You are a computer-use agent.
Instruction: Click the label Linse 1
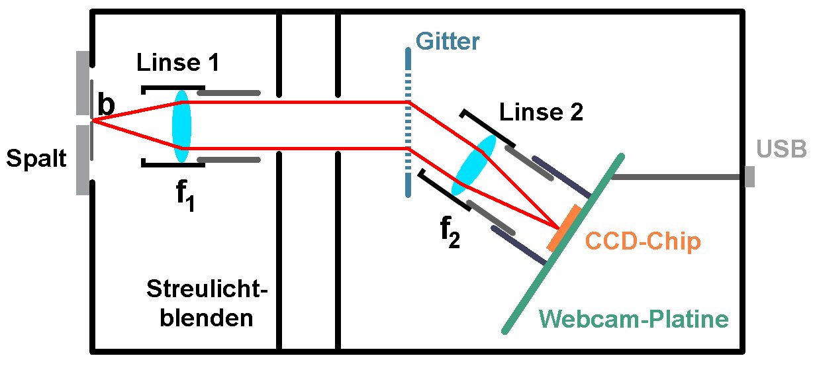point(178,63)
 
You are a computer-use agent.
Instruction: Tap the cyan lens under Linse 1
point(181,126)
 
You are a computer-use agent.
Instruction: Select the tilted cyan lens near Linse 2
point(473,165)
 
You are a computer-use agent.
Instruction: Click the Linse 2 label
point(541,112)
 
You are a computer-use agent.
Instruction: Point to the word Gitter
point(448,41)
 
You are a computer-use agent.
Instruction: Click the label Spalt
point(36,158)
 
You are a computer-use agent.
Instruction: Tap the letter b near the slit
point(107,104)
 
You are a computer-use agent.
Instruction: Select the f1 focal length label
point(185,195)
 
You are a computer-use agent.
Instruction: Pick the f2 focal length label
point(450,232)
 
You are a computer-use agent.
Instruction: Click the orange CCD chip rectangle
point(563,228)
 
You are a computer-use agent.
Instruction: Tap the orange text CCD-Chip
point(643,241)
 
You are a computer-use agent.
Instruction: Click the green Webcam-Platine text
point(634,319)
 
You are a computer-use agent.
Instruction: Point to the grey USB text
point(781,149)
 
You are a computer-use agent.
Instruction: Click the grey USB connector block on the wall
point(749,177)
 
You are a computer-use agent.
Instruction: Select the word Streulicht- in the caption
point(207,289)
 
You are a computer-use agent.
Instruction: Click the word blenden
point(207,318)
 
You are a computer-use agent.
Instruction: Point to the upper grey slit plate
point(83,83)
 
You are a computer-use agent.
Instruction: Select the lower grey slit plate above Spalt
point(83,160)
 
